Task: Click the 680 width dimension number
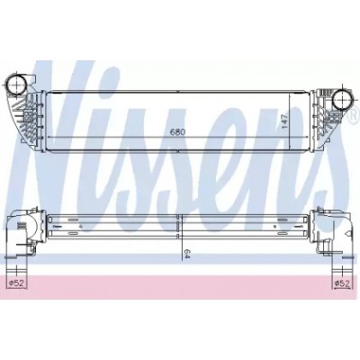pos(177,131)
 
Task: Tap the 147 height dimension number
pos(285,121)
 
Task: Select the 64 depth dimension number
pos(187,252)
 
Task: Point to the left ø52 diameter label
pos(16,283)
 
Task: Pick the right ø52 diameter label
pos(342,283)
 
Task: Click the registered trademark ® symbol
pos(355,113)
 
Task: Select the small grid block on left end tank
pos(29,117)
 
